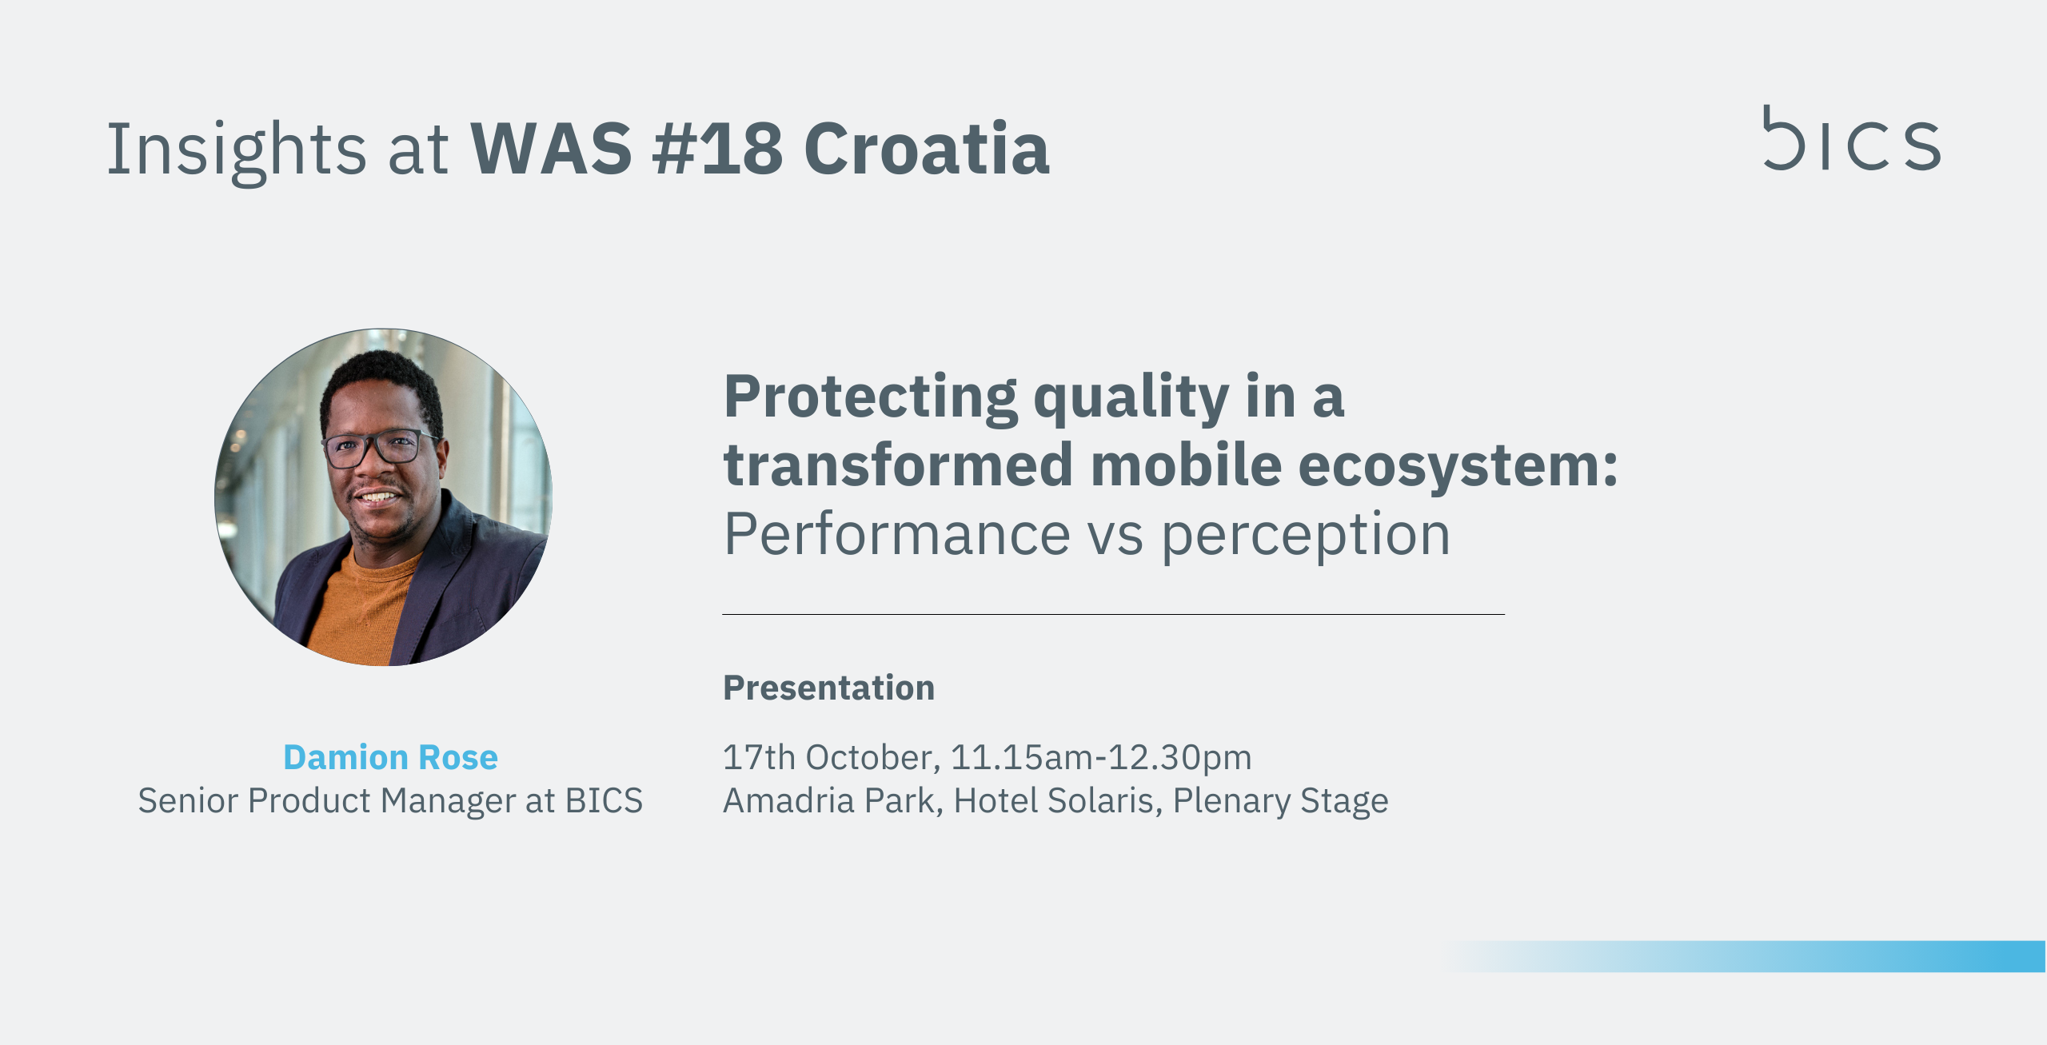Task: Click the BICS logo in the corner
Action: pyautogui.click(x=1851, y=138)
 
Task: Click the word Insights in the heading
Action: pyautogui.click(x=237, y=150)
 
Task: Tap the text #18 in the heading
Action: pyautogui.click(x=717, y=149)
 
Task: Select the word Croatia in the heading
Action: pyautogui.click(x=926, y=149)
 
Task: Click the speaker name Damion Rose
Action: pyautogui.click(x=390, y=756)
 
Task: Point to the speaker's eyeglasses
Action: pyautogui.click(x=380, y=449)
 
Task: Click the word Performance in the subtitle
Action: pyautogui.click(x=896, y=534)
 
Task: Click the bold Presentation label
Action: pyautogui.click(x=828, y=688)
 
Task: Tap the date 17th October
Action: pyautogui.click(x=831, y=758)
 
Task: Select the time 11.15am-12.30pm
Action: pyautogui.click(x=1101, y=758)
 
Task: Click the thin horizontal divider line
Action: pyautogui.click(x=1113, y=614)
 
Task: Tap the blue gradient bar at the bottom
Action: pyautogui.click(x=1743, y=956)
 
